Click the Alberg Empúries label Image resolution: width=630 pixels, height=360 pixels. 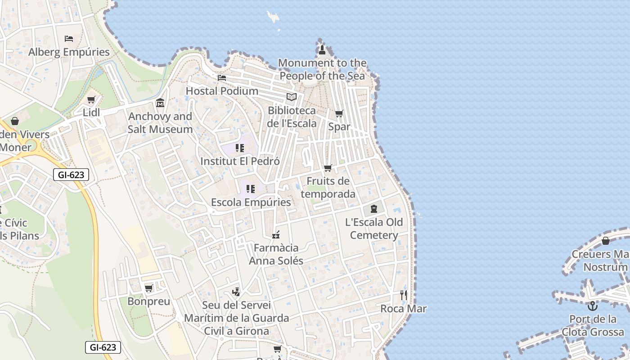69,52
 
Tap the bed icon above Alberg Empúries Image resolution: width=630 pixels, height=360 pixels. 69,39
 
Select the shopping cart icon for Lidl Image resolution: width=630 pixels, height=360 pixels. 91,99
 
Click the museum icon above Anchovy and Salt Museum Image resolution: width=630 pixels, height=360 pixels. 160,103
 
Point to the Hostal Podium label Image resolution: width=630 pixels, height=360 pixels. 222,91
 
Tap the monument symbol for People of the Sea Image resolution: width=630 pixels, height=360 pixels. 322,49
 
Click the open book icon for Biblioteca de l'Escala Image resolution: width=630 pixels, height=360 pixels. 292,97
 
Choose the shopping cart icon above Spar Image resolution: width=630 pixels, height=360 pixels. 339,113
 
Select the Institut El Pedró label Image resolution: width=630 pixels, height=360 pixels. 240,161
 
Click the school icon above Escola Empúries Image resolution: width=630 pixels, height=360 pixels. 251,189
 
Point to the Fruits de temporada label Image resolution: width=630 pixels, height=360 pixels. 328,188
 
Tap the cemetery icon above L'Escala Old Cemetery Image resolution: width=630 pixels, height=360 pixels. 373,209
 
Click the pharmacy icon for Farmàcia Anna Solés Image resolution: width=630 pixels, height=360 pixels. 276,234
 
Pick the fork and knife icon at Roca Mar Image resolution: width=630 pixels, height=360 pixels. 403,295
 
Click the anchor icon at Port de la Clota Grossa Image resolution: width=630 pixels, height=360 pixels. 593,306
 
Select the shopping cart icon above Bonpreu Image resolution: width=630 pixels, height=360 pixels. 148,288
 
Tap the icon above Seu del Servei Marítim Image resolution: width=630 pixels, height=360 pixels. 236,292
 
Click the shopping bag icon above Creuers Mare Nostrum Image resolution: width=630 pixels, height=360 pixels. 605,241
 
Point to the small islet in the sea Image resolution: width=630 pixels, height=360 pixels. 273,17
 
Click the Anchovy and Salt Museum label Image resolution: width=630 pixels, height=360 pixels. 160,123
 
